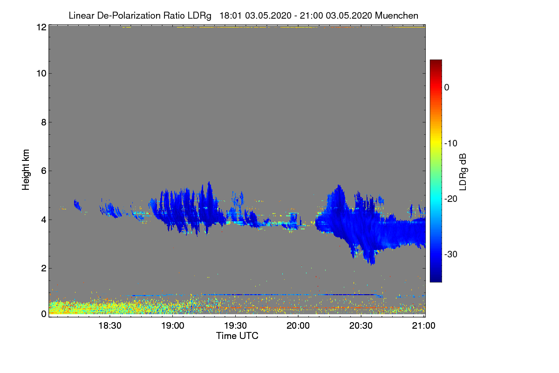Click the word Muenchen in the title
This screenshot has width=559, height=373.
(x=396, y=15)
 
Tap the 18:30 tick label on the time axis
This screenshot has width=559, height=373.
(x=110, y=326)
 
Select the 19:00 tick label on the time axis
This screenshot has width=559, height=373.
(x=173, y=326)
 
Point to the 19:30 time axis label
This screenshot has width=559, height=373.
(x=236, y=326)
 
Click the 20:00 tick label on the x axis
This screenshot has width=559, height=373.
(x=299, y=326)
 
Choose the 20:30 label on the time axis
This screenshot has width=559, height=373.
(x=361, y=326)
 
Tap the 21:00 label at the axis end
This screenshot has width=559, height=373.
(x=423, y=326)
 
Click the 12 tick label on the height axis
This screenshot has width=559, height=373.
(x=41, y=27)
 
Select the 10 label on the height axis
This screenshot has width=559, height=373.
(x=41, y=73)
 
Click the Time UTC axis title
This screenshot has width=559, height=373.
(x=237, y=336)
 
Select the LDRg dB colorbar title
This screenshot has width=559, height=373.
(x=463, y=171)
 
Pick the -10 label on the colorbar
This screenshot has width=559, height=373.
(x=450, y=143)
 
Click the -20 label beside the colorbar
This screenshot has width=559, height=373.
(x=450, y=199)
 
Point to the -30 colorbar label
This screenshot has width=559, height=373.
(x=450, y=255)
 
